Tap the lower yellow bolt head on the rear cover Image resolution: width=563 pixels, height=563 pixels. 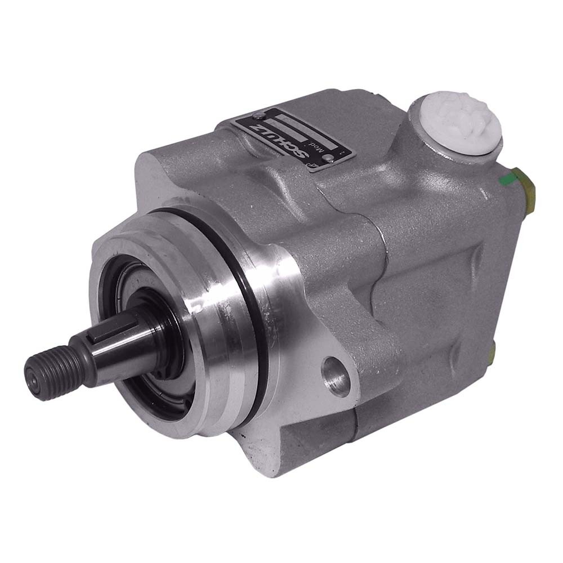pyautogui.click(x=493, y=354)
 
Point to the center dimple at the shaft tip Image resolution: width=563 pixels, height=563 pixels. pyautogui.click(x=33, y=381)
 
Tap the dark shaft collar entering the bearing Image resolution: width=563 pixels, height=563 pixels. pyautogui.click(x=160, y=332)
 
